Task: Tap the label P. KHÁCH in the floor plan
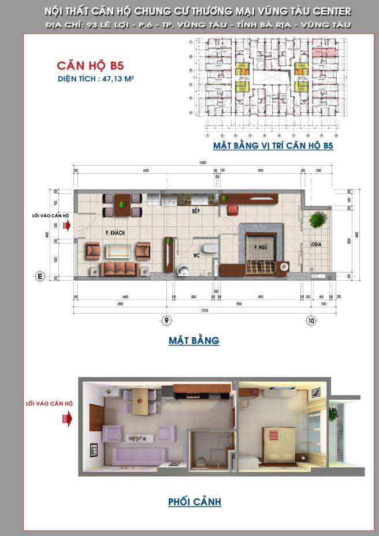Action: click(116, 232)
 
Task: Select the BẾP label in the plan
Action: click(196, 212)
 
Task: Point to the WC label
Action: click(196, 254)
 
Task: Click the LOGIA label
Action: click(315, 244)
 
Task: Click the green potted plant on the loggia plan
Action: click(317, 220)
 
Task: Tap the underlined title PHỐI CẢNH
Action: click(194, 502)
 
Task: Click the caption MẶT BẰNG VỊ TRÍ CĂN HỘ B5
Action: click(273, 146)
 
